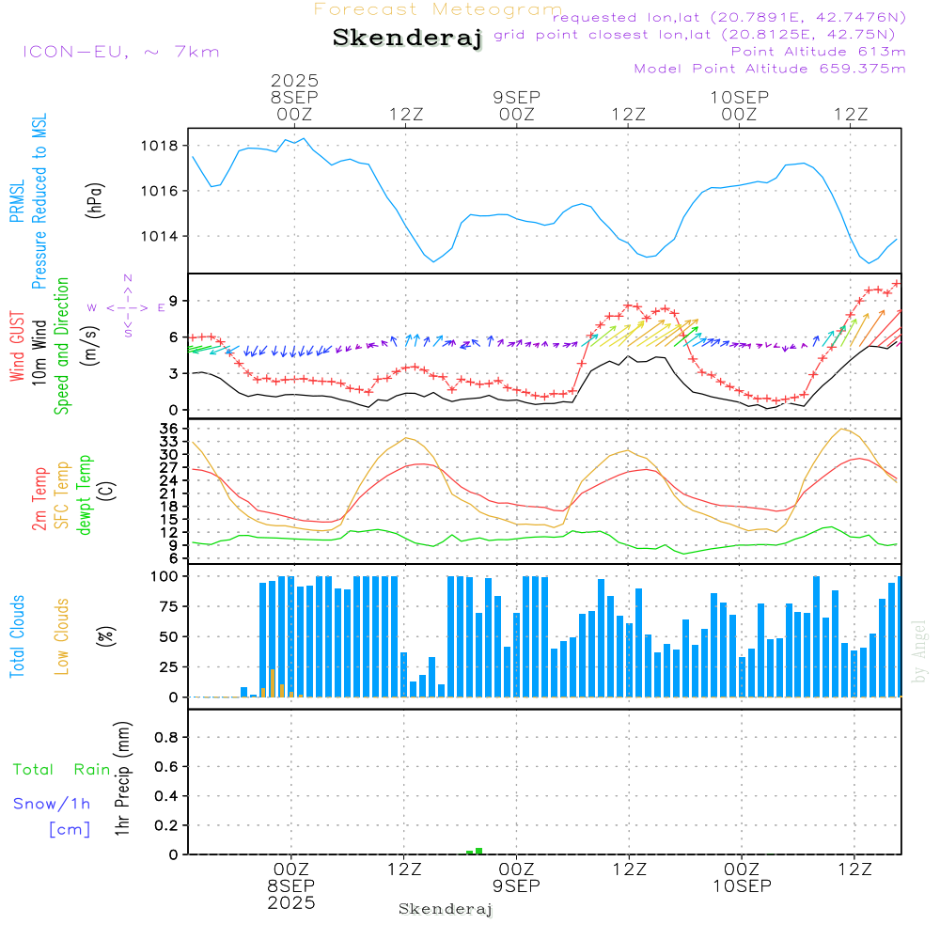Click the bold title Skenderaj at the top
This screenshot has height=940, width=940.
[x=407, y=39]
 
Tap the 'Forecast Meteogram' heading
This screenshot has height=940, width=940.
[x=438, y=9]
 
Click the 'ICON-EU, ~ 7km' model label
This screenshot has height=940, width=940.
[x=120, y=52]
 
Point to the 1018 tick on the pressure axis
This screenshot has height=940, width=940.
[x=161, y=146]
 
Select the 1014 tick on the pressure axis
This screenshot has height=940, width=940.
[x=161, y=236]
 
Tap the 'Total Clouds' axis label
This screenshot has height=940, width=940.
[x=17, y=636]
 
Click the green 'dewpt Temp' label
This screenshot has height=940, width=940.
[x=85, y=495]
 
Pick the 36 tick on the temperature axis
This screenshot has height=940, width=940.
[x=167, y=429]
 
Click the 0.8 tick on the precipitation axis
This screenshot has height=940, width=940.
[x=166, y=738]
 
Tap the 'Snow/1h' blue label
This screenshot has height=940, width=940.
[x=53, y=805]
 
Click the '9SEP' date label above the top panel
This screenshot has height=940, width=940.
[x=516, y=97]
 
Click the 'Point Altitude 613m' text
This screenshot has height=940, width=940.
[x=818, y=52]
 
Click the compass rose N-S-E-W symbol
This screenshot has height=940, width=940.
[x=127, y=306]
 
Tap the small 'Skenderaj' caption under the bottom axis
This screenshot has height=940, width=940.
[x=446, y=910]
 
